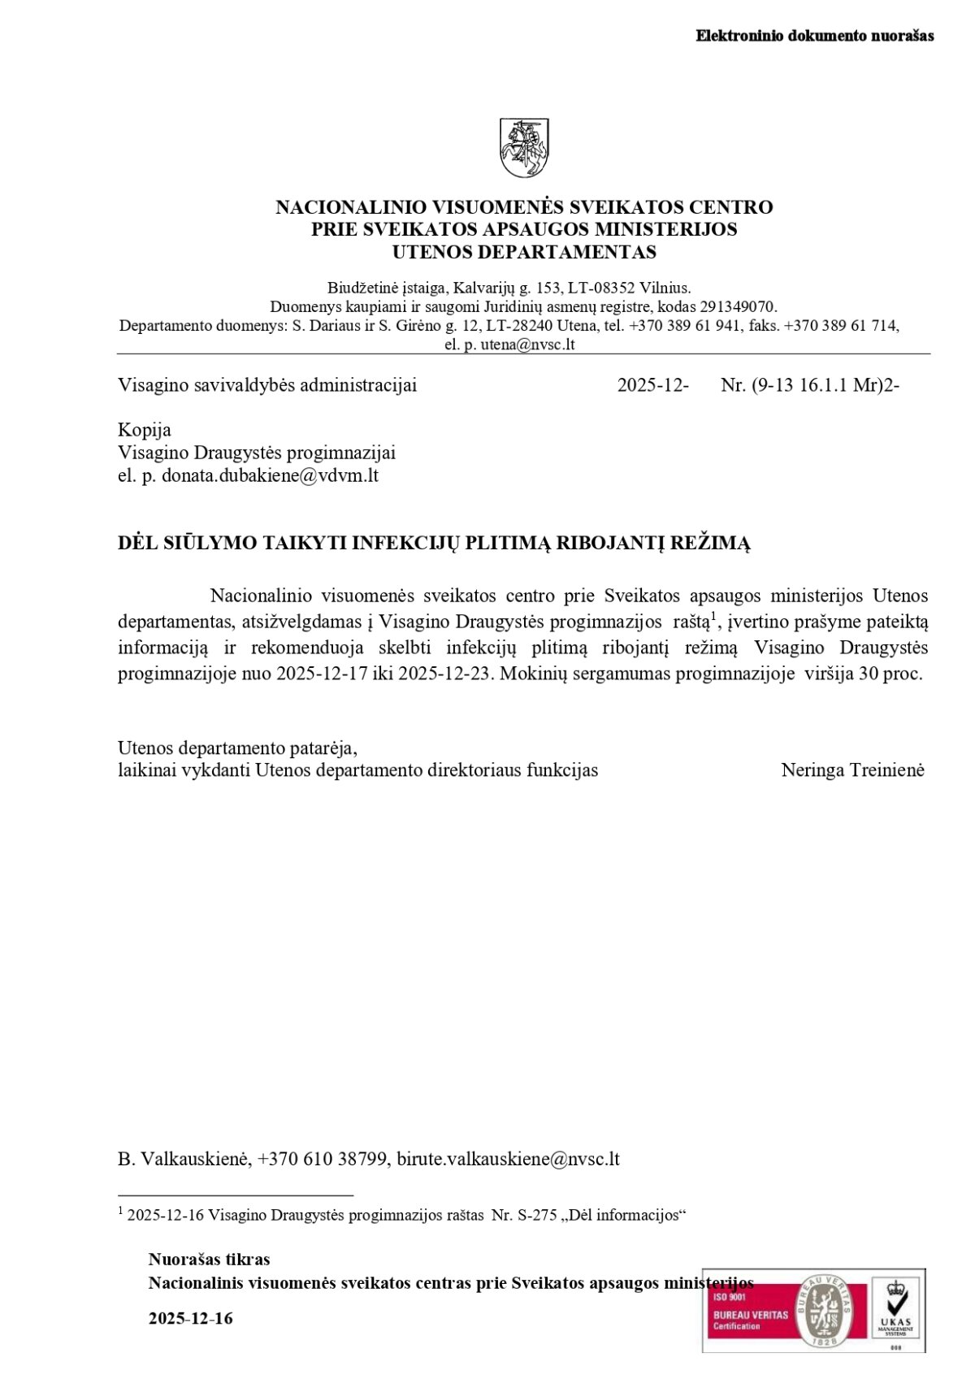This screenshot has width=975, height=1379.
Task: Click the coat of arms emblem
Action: (524, 148)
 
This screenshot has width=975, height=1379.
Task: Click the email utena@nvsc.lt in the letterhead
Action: (527, 345)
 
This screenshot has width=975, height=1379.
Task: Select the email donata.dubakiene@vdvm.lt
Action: (270, 475)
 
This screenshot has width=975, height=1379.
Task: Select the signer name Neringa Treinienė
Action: (852, 770)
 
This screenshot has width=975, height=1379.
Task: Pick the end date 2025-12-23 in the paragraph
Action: (445, 674)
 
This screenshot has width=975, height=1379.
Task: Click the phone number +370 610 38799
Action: (323, 1159)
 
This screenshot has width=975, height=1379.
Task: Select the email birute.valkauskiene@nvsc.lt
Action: (508, 1159)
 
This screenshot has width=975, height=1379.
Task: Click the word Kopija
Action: (145, 430)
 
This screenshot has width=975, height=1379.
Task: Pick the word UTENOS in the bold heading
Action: (431, 252)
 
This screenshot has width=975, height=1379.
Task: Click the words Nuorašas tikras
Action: (209, 1260)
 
